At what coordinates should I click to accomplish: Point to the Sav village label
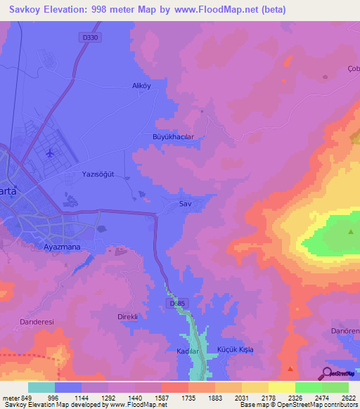click(186, 203)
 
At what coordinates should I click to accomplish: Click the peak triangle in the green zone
click(351, 231)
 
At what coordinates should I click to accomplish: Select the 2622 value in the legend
click(348, 398)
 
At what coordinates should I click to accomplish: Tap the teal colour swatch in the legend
click(41, 387)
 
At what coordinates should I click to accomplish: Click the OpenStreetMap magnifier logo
click(328, 373)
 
